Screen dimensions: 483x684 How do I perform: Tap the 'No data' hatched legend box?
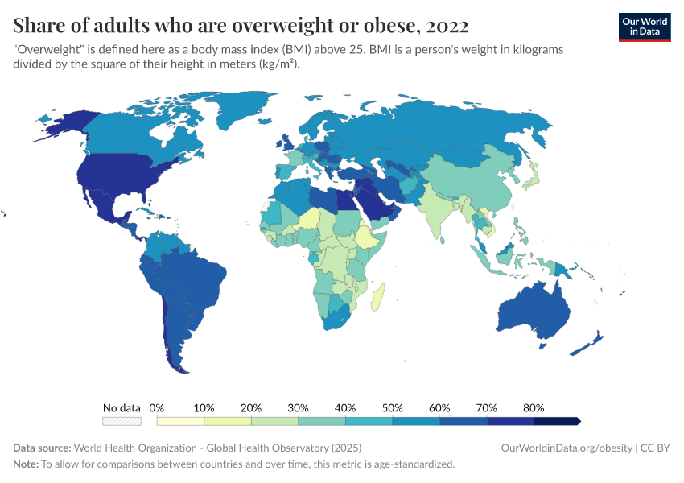click(x=122, y=420)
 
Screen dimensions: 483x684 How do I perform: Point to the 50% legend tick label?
click(x=393, y=407)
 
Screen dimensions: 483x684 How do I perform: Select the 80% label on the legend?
click(x=534, y=407)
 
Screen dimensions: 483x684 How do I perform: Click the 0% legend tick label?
click(x=157, y=407)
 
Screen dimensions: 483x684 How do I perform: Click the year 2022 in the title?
click(x=447, y=25)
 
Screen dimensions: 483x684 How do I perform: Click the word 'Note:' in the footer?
click(x=26, y=464)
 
